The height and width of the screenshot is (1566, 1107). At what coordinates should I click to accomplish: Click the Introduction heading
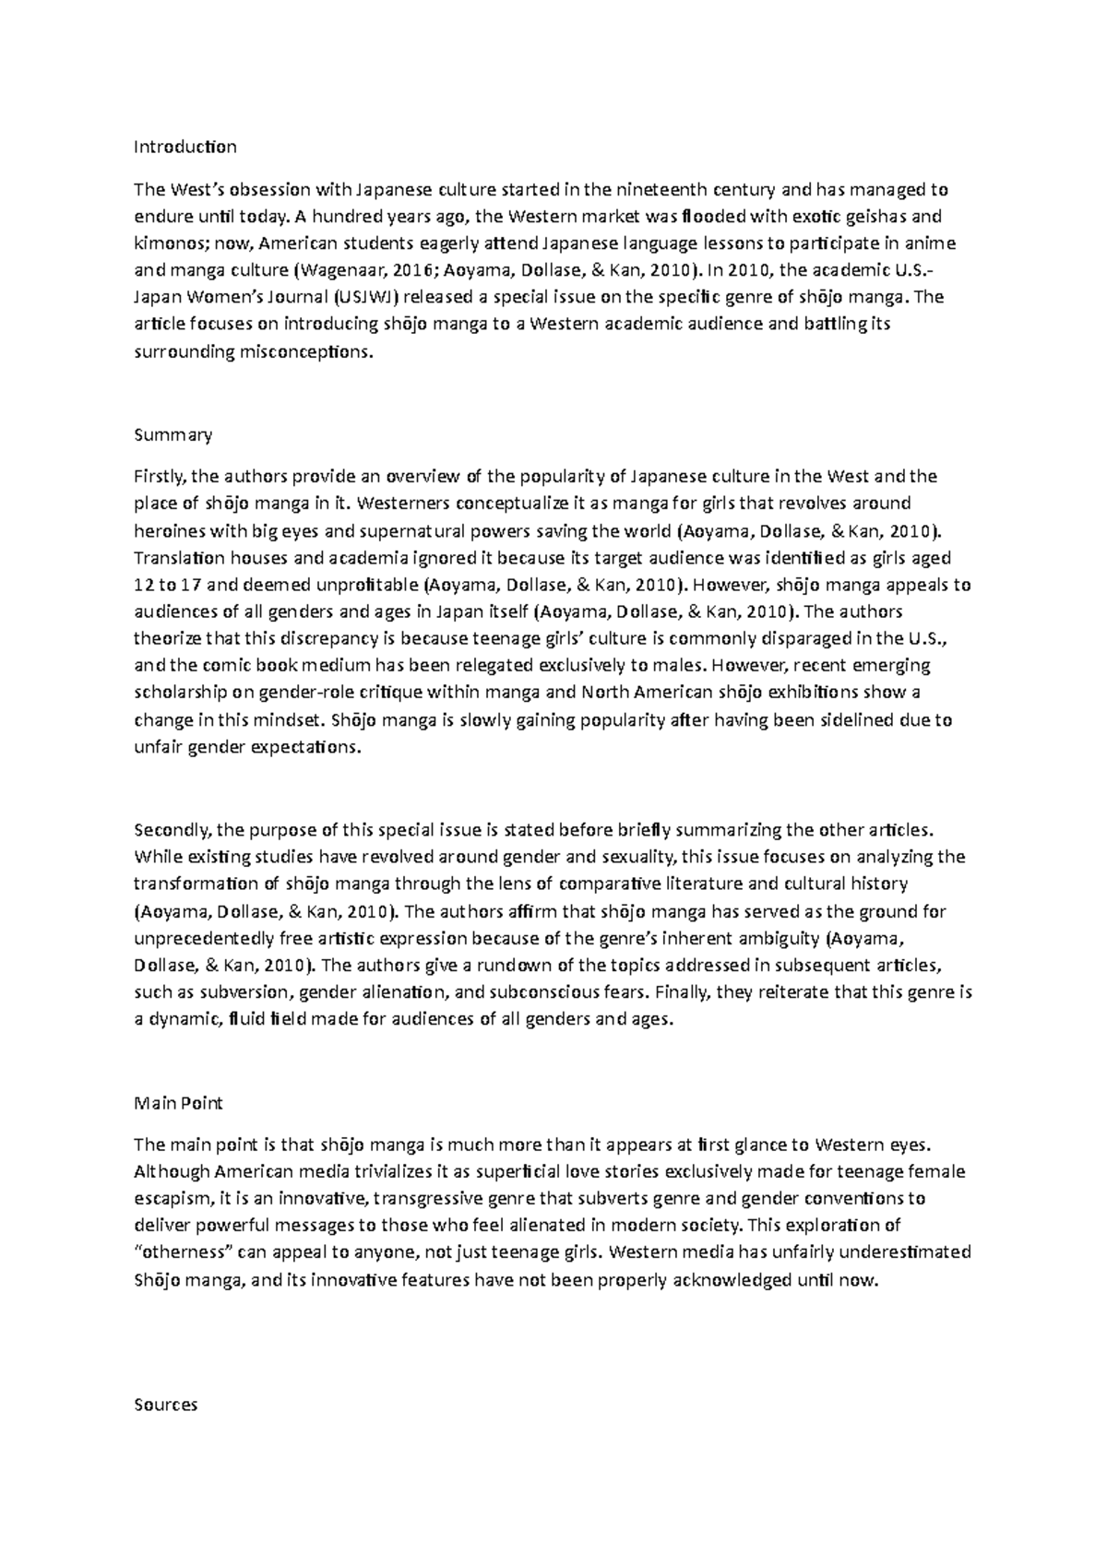(x=185, y=147)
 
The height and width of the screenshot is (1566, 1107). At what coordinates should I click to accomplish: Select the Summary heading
(x=173, y=434)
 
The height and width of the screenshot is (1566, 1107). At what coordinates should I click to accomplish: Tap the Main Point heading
(x=178, y=1103)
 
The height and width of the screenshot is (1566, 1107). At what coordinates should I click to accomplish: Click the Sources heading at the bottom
(x=166, y=1406)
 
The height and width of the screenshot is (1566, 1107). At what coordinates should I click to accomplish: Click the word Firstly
(x=161, y=477)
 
